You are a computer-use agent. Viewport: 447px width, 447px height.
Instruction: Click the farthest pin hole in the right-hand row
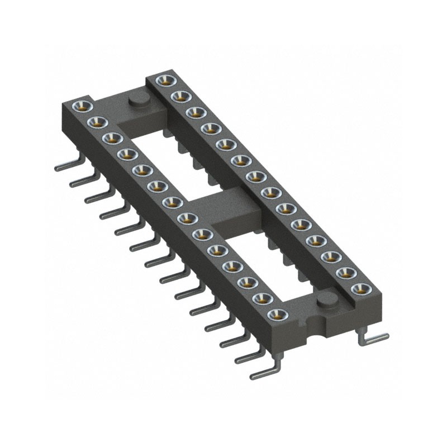pos(164,80)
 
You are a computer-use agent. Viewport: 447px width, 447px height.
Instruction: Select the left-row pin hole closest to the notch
pos(277,315)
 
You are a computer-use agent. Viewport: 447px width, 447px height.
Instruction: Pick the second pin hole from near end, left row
pos(261,299)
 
